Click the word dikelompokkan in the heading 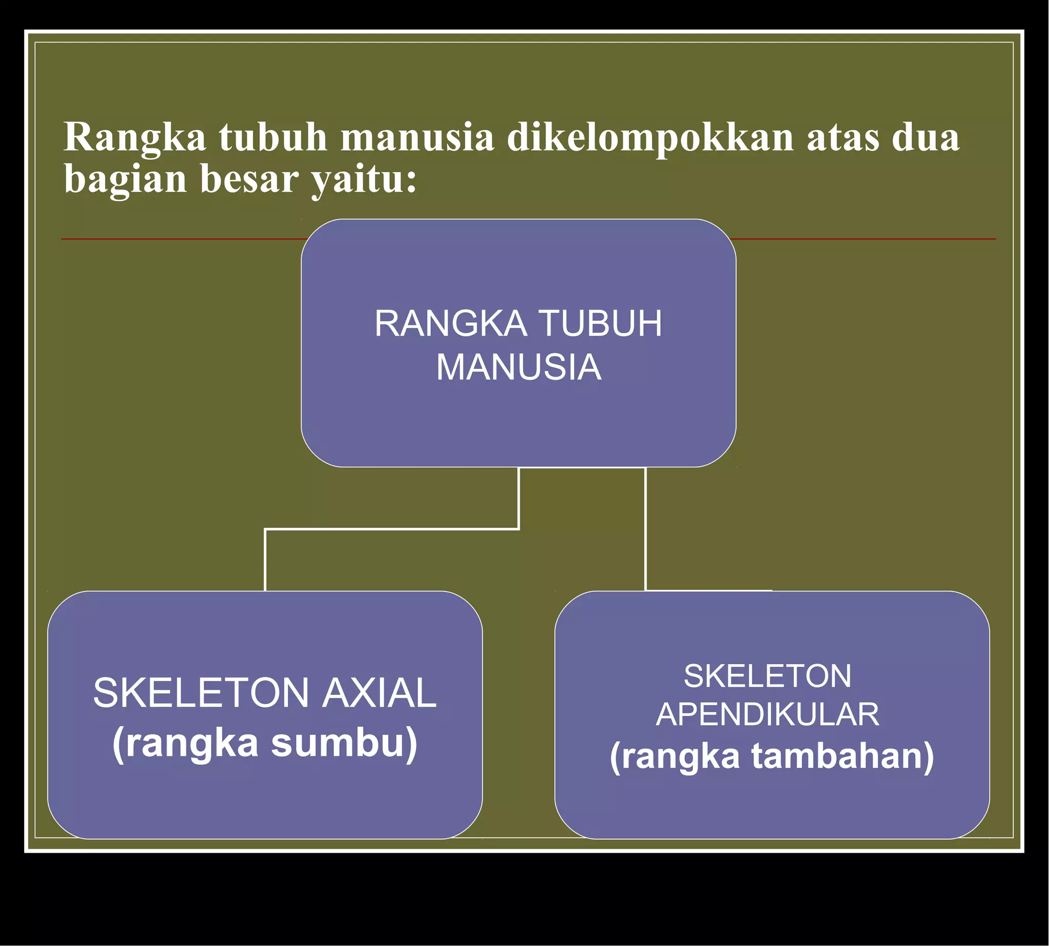point(650,138)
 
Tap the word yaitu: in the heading point(363,179)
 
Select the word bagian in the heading point(125,179)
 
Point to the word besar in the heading point(249,179)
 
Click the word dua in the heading point(926,138)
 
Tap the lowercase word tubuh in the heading point(273,138)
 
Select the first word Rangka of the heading point(135,138)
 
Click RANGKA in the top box point(450,324)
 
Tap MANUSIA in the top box point(518,367)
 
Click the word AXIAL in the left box point(379,693)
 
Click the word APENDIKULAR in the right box point(768,715)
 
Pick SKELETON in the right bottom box point(768,676)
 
